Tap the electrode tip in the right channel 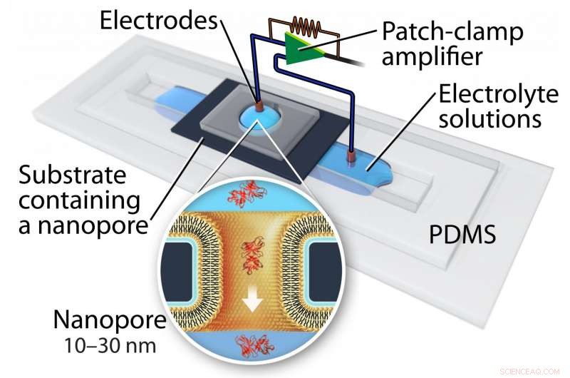351,155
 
